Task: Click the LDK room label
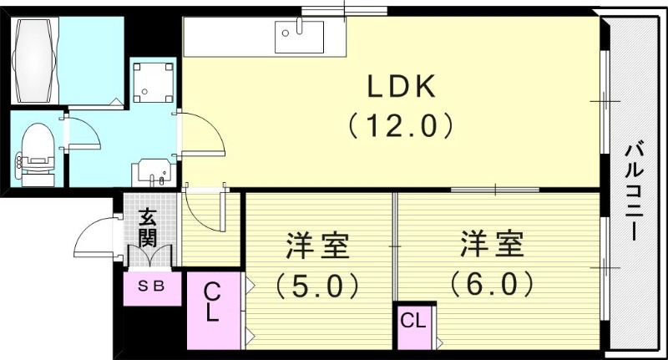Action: [x=400, y=88]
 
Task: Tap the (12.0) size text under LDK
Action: [x=400, y=126]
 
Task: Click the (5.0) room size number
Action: [x=317, y=286]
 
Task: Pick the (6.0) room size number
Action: [x=492, y=286]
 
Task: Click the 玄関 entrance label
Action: [x=148, y=226]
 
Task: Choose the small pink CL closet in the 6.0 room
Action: [x=413, y=320]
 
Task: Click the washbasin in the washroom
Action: [x=150, y=173]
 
